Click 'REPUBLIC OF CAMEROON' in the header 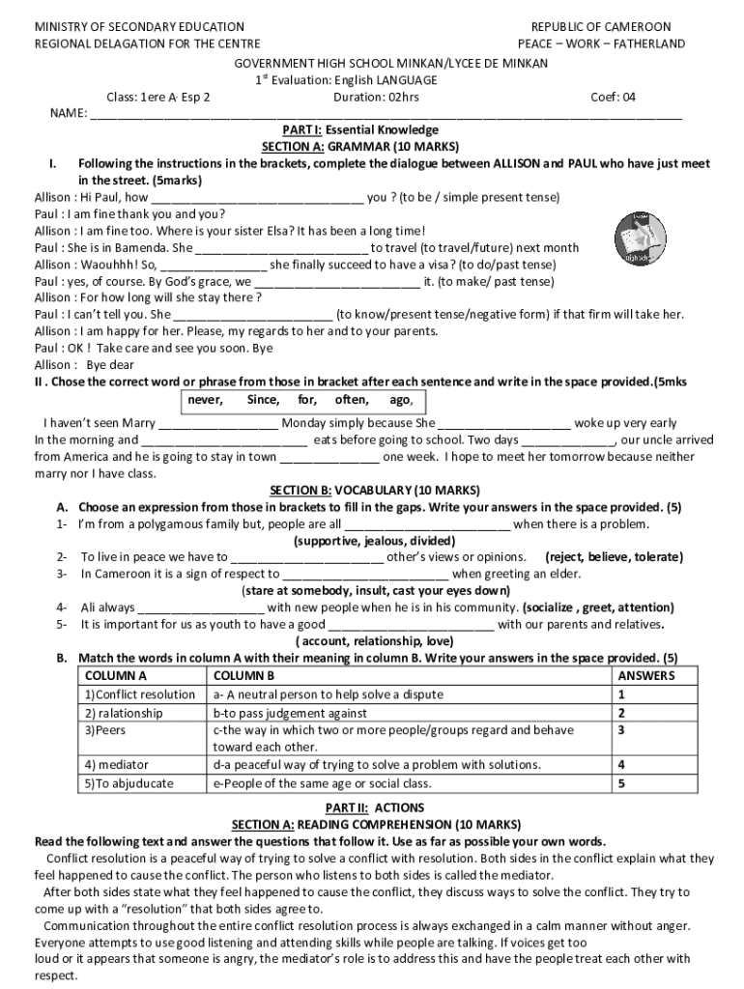pos(600,26)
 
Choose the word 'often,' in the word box pos(351,400)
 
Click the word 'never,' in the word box pos(205,400)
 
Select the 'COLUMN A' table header pos(116,675)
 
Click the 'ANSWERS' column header pos(645,675)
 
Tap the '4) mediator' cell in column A pos(117,765)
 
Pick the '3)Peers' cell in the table pos(105,730)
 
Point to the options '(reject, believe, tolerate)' pos(614,556)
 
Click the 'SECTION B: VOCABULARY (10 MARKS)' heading pos(372,490)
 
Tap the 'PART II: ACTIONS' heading pos(372,807)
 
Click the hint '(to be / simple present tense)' pos(477,197)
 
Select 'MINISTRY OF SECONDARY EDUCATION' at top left pos(139,26)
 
